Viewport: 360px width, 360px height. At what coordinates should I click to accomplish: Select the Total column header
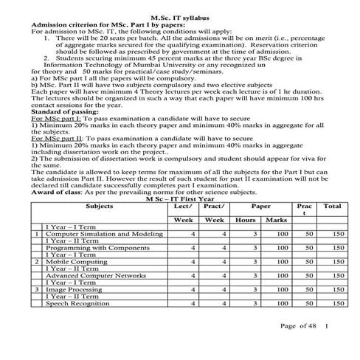332,207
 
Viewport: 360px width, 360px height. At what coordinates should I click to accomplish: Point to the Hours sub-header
245,221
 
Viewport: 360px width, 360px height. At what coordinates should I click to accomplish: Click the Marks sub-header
276,221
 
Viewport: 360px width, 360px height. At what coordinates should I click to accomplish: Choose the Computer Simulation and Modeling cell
104,233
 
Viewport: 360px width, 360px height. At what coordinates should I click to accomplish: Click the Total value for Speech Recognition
337,304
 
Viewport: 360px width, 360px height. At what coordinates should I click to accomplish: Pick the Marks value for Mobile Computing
280,262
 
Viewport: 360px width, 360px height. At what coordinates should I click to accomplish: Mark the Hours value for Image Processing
253,290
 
